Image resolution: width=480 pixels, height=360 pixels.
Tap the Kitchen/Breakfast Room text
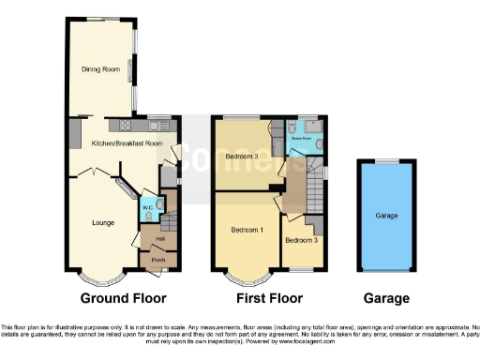point(121,143)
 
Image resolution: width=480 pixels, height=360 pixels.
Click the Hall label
point(159,238)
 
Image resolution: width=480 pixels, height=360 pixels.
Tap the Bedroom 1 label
point(247,230)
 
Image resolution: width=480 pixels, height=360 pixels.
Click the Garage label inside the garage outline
point(386,216)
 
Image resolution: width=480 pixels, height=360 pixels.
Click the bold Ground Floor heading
point(124,299)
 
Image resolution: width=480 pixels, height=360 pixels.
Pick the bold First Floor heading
point(270,299)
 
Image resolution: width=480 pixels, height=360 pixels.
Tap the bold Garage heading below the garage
point(385,299)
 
